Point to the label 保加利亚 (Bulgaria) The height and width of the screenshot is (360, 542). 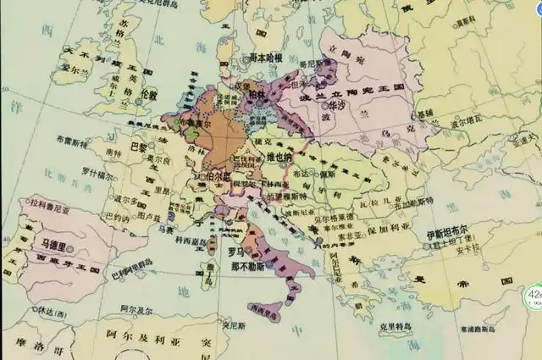pos(392,228)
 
